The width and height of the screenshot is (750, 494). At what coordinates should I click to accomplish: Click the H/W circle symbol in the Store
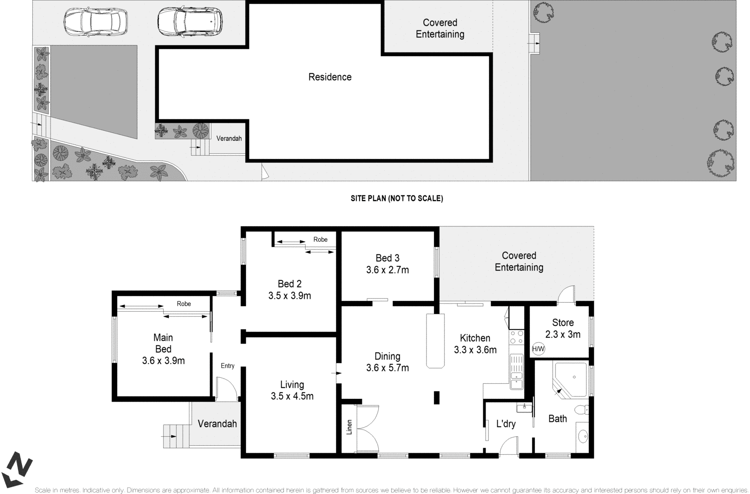(539, 349)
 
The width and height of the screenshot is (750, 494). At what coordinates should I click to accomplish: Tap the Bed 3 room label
(387, 258)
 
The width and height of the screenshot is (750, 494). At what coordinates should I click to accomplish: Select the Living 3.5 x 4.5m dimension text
(292, 396)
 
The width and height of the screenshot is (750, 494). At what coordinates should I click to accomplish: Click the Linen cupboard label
(349, 427)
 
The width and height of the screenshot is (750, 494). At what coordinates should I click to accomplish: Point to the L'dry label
(506, 424)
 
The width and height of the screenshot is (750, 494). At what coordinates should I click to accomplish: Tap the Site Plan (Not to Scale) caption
(397, 198)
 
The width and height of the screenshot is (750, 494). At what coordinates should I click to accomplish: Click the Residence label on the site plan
(330, 77)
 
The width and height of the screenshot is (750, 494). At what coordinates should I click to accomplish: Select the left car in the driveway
(95, 22)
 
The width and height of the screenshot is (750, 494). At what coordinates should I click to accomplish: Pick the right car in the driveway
(189, 22)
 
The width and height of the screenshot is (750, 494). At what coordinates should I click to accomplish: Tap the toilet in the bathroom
(583, 410)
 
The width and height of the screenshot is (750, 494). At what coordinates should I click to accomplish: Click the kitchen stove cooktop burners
(517, 337)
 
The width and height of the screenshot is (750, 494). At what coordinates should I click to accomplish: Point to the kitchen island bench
(435, 341)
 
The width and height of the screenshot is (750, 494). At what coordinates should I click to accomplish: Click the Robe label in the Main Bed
(184, 304)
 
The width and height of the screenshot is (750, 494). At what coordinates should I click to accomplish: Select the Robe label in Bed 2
(321, 240)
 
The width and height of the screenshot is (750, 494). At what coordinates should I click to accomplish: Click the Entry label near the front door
(227, 366)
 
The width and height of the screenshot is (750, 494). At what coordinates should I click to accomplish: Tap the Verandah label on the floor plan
(217, 424)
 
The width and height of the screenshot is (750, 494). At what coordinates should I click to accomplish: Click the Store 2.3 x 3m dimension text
(562, 334)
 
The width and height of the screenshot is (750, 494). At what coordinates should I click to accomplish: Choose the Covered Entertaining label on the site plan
(440, 28)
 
